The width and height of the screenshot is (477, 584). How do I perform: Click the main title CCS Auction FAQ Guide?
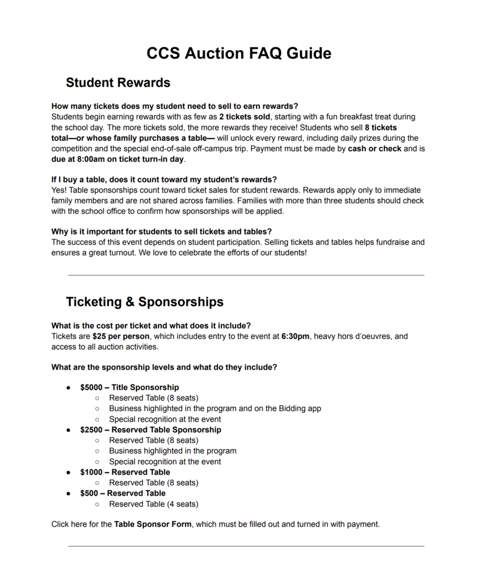tap(238, 53)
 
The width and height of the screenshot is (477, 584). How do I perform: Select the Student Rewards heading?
tap(118, 83)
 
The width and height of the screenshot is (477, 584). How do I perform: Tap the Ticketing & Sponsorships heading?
tap(144, 302)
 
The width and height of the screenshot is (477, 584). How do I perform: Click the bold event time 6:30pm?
tap(296, 336)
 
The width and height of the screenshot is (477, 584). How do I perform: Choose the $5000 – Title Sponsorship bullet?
tap(130, 387)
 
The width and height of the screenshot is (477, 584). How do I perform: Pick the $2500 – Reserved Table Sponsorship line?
tap(151, 429)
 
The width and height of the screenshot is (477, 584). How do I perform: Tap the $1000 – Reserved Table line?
tap(125, 472)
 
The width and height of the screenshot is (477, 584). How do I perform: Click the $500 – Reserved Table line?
tap(123, 493)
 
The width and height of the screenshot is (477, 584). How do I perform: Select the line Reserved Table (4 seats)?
tap(153, 504)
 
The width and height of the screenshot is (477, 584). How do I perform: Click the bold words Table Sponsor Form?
tap(152, 524)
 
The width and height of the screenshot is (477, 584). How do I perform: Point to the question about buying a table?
tap(164, 180)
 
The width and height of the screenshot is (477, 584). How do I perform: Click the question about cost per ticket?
tap(151, 326)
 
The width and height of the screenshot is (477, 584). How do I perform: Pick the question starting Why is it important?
tap(161, 232)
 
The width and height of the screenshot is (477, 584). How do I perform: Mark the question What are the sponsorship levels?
tap(164, 367)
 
